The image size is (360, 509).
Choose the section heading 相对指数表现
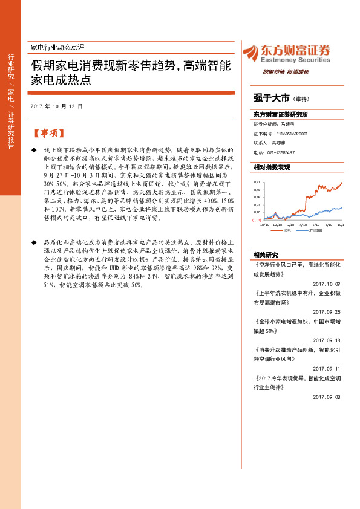272,166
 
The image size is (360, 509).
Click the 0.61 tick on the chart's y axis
257,181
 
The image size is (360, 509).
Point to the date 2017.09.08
327,397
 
